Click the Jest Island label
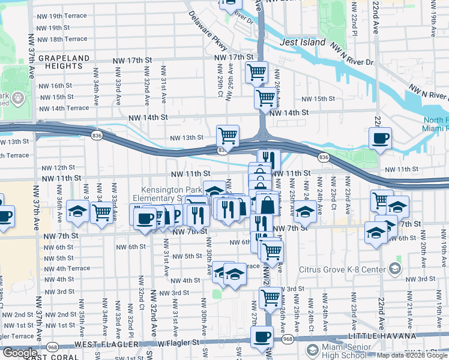(x=303, y=43)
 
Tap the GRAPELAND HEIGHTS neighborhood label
(x=64, y=63)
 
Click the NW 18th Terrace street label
(x=64, y=39)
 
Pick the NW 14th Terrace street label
(x=64, y=109)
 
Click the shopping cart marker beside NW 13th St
(x=228, y=136)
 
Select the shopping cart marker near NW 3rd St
(x=271, y=296)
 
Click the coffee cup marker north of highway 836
(x=380, y=139)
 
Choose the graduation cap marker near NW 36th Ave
(x=77, y=211)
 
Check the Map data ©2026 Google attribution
(x=412, y=355)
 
